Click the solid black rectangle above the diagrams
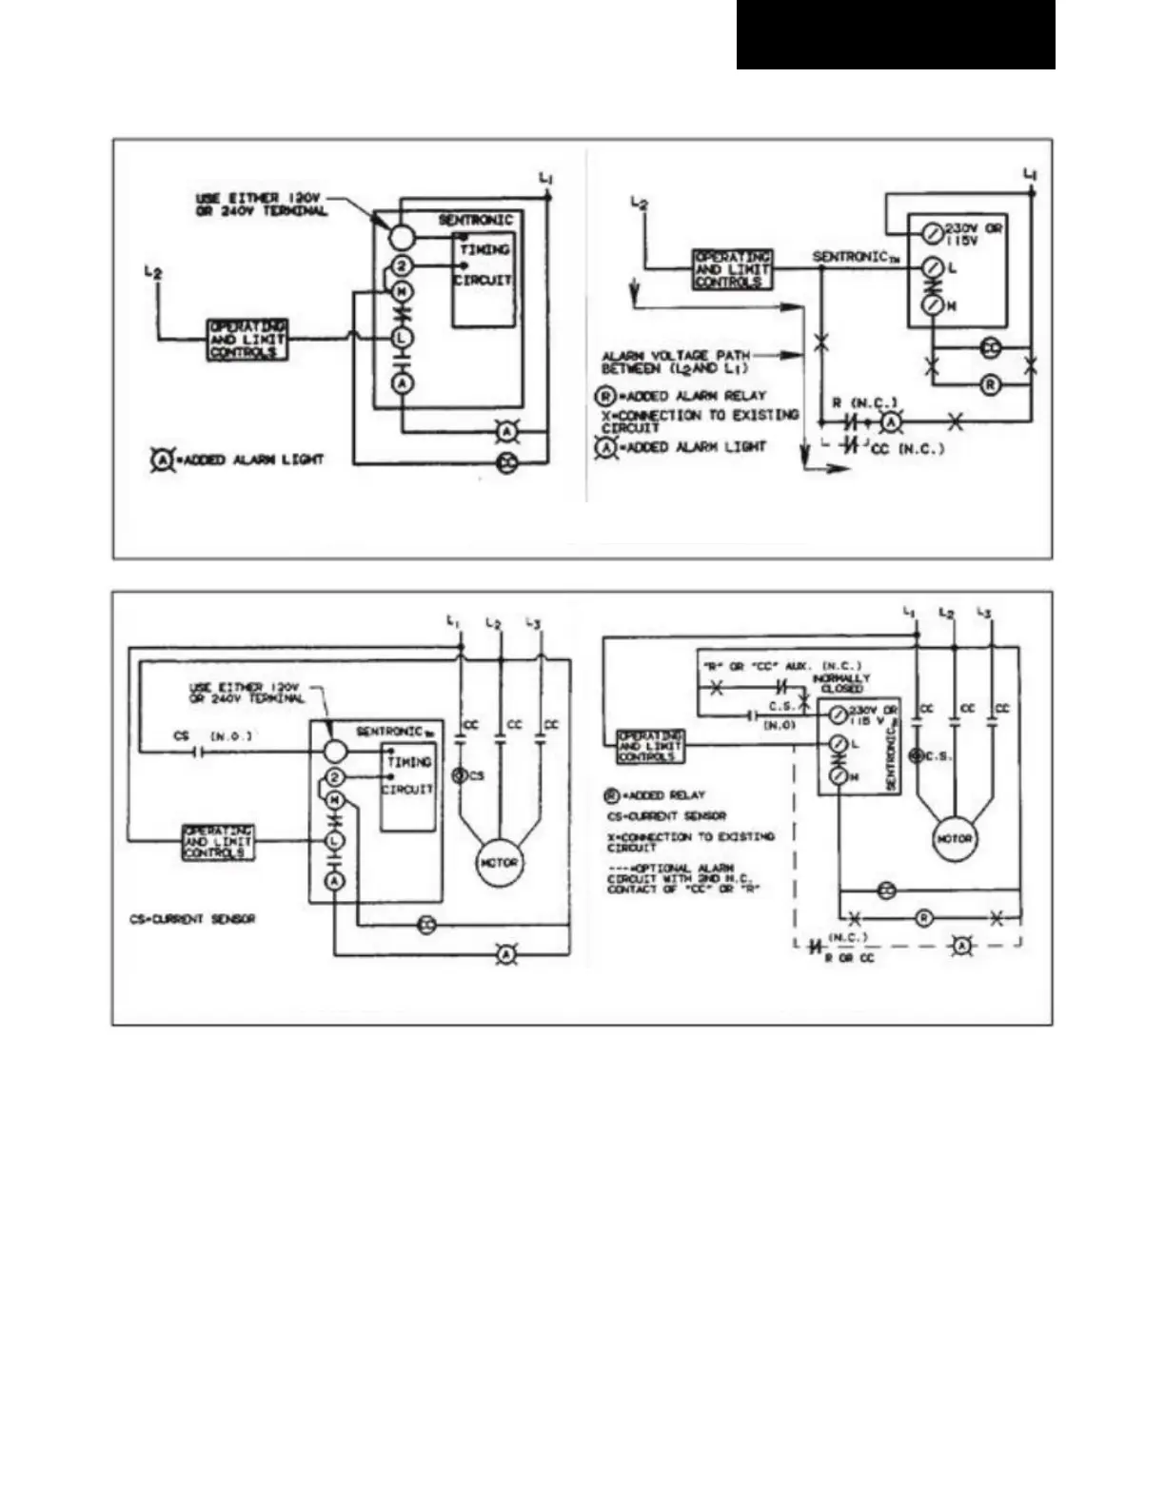pos(896,34)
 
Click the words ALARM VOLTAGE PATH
pos(675,355)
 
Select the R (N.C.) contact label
pos(864,401)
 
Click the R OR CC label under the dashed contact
pos(849,958)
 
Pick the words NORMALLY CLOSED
pos(840,683)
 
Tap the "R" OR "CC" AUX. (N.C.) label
pos(782,666)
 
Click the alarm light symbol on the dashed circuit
pos(962,945)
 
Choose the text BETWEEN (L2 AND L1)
pos(675,368)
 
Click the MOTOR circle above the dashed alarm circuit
pos(955,839)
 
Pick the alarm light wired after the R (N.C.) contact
pos(890,421)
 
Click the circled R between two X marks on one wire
pos(923,918)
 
